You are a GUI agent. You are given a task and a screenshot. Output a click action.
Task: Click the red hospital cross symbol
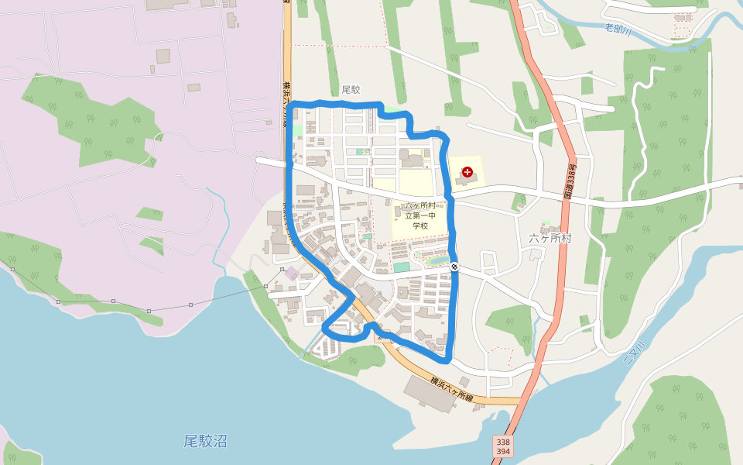click(467, 170)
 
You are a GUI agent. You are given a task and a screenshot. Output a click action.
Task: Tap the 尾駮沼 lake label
click(205, 442)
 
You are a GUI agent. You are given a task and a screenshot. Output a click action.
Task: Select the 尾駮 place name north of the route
click(351, 90)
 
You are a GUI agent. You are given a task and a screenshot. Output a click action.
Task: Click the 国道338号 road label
click(570, 181)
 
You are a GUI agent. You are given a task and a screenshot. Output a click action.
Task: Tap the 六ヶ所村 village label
click(550, 238)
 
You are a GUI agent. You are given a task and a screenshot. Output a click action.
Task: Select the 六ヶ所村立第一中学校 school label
click(420, 215)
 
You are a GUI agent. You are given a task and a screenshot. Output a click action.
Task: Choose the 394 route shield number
click(502, 452)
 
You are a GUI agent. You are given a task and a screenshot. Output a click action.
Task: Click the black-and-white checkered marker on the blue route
click(454, 267)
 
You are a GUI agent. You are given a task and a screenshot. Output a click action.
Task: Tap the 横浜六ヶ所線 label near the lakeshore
click(451, 388)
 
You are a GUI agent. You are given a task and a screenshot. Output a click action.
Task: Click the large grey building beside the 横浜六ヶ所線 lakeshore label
click(430, 393)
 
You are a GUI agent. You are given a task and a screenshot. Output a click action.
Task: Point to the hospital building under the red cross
click(467, 181)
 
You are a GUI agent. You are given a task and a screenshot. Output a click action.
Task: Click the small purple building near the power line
click(291, 273)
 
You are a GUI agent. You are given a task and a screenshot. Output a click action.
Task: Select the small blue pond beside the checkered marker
click(438, 261)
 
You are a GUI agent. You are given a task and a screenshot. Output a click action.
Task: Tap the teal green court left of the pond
click(401, 267)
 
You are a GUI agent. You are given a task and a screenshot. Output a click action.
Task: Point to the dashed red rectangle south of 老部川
click(681, 32)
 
